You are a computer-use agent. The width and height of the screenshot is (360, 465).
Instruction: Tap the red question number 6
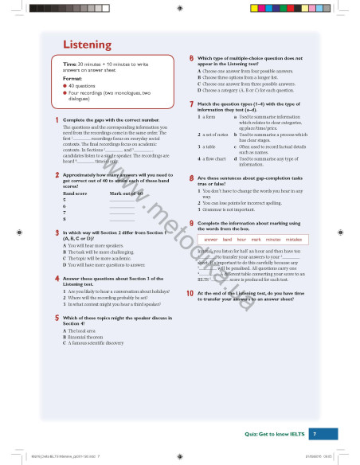pyautogui.click(x=191, y=59)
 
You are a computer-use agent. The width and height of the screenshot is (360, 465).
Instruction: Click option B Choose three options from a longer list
pyautogui.click(x=244, y=77)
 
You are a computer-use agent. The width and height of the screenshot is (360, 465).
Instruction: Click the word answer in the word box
pyautogui.click(x=211, y=239)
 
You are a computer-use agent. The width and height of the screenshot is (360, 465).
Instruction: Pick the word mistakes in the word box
pyautogui.click(x=294, y=239)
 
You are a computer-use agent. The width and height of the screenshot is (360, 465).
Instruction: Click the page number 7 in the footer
pyautogui.click(x=314, y=434)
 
